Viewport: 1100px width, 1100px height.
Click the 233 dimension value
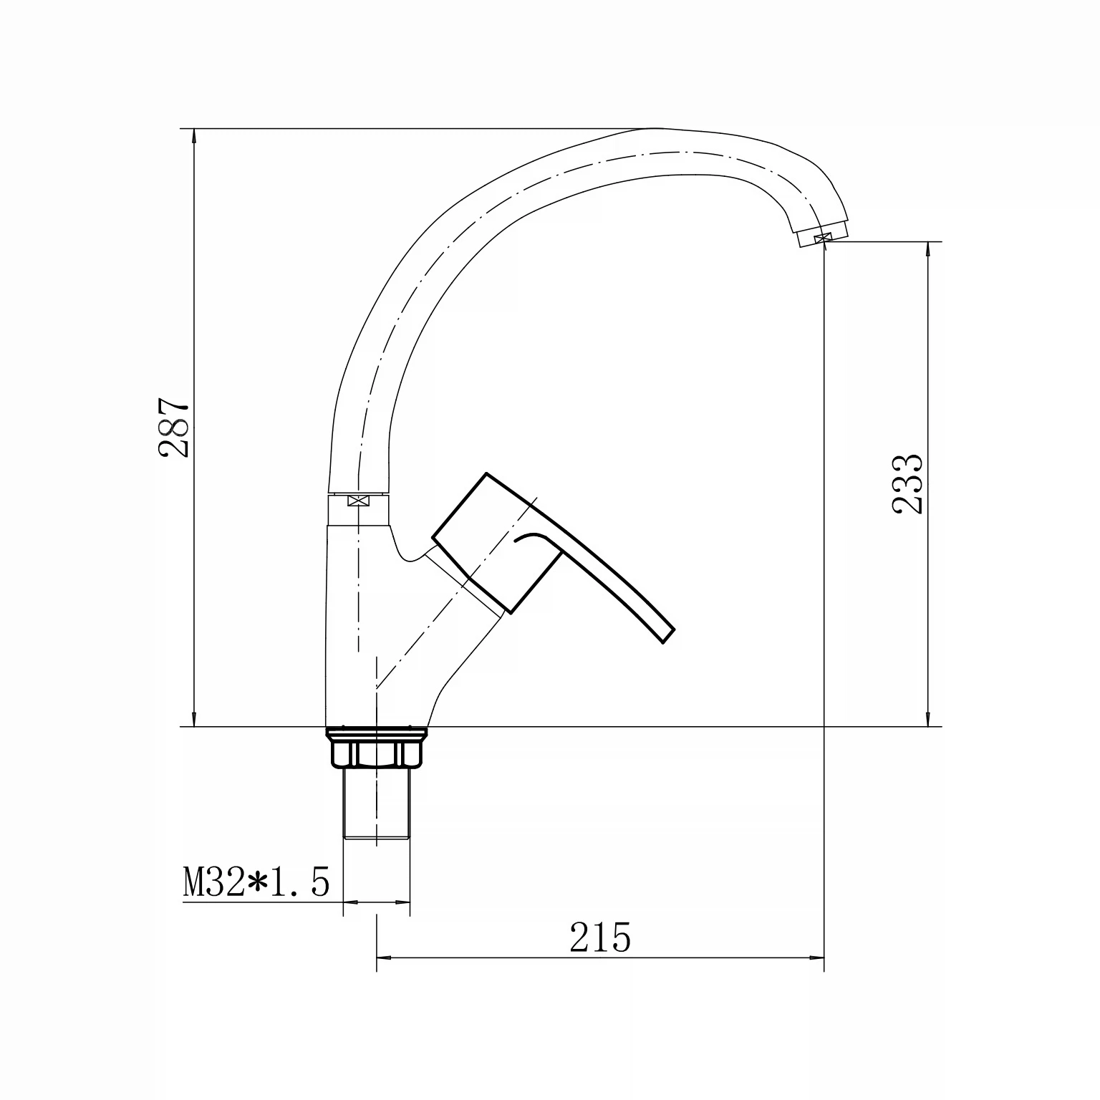click(x=909, y=484)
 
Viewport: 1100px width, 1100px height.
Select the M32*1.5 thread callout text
click(x=256, y=882)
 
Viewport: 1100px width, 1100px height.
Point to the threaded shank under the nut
click(x=377, y=803)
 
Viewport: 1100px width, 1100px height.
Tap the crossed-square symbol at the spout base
click(x=356, y=501)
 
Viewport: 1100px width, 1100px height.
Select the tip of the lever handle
click(x=667, y=635)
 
